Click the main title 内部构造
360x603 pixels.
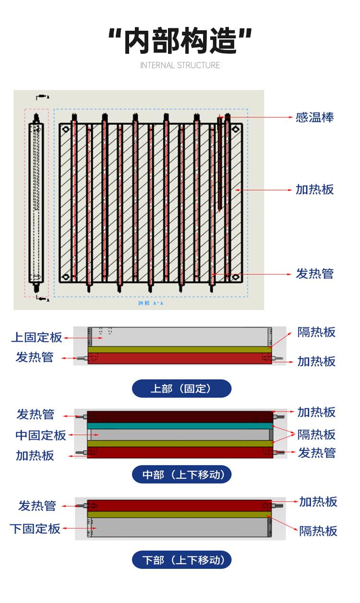[180, 40]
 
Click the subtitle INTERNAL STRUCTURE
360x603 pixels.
[180, 65]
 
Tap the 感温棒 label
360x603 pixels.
[314, 117]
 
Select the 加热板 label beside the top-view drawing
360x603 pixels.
[314, 190]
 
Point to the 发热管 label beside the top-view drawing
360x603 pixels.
[314, 274]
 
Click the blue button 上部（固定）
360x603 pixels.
[181, 388]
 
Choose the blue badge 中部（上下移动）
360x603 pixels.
[181, 475]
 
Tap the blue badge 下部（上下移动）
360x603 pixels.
[181, 560]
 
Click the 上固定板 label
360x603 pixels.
[36, 338]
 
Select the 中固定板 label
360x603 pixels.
[41, 435]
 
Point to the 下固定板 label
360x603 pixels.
[35, 529]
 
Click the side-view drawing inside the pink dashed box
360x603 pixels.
[36, 202]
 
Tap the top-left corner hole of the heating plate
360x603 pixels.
[66, 129]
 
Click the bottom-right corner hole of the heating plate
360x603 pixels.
[236, 277]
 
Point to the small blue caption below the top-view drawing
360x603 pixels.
[150, 303]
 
